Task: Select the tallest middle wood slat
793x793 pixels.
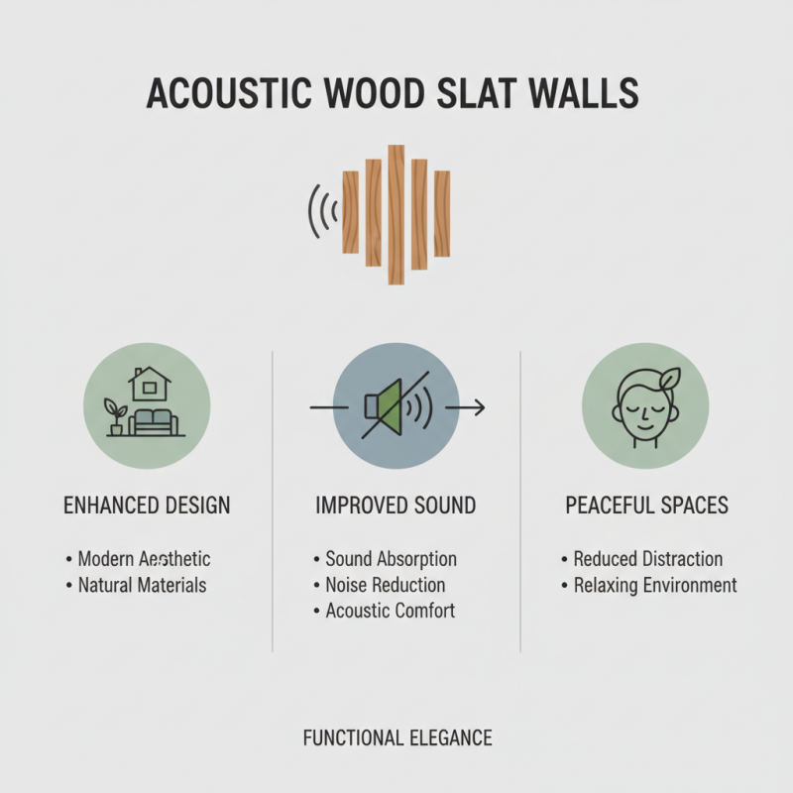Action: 396,214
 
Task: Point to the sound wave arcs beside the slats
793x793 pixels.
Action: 322,210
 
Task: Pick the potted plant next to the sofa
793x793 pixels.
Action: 117,416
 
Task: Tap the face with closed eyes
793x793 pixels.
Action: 641,411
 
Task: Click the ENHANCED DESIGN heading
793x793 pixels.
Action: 147,506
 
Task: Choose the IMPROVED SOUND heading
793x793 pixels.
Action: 396,506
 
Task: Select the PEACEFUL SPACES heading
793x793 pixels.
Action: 646,506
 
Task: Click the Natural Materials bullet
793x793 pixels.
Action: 142,585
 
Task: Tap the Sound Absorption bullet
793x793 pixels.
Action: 391,559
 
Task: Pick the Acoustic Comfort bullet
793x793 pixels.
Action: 390,611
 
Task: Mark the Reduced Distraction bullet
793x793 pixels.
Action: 647,559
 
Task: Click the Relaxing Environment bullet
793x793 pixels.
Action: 654,585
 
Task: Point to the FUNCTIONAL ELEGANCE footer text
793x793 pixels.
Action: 397,737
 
